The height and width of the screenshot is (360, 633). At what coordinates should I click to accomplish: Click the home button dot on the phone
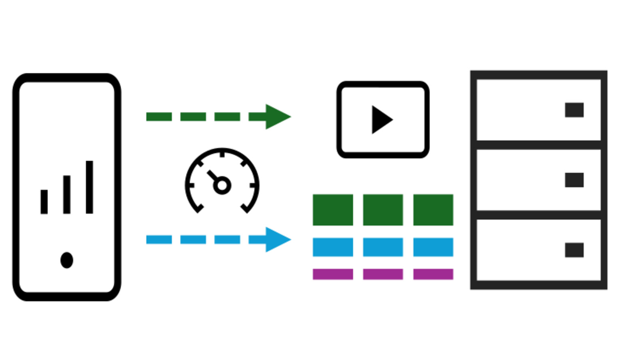click(x=67, y=260)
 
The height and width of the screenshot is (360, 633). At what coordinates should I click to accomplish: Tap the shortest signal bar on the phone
click(x=44, y=202)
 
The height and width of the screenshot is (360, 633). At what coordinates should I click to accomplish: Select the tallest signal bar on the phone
click(x=89, y=187)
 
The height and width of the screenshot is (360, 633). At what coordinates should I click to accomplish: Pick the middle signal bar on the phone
click(x=67, y=194)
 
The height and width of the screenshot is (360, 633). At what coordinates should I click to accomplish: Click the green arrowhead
click(x=277, y=117)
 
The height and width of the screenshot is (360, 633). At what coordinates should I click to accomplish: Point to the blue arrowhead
click(x=277, y=240)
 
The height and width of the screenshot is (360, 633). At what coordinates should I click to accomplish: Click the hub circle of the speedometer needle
click(x=222, y=185)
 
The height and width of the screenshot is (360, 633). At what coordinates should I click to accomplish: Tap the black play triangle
click(x=381, y=120)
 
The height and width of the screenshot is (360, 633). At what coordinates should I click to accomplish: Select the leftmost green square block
click(x=333, y=210)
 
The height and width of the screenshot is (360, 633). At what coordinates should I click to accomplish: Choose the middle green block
click(x=383, y=210)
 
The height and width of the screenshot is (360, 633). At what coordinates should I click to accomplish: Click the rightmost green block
click(x=433, y=210)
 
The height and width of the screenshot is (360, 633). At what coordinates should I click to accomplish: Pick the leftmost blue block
click(x=333, y=247)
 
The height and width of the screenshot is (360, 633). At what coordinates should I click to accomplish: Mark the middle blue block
click(x=383, y=247)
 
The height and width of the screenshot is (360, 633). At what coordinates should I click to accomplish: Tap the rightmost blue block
click(x=433, y=247)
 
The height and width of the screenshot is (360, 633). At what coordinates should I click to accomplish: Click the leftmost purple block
click(x=333, y=274)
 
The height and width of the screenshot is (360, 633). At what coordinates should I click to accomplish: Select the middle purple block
click(x=383, y=274)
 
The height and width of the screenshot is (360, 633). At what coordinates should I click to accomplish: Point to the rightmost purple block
click(x=433, y=274)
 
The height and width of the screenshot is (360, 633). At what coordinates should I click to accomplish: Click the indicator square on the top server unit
click(x=574, y=110)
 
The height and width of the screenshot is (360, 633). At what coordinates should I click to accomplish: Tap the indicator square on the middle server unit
click(x=574, y=180)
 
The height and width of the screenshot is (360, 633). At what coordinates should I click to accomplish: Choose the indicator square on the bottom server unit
click(x=574, y=250)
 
